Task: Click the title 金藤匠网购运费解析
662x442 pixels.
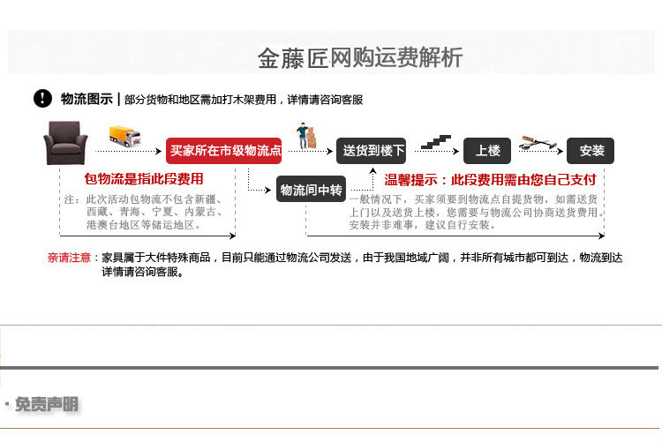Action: point(360,57)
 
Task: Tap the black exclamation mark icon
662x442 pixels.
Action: point(42,98)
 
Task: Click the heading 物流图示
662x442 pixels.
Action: point(87,99)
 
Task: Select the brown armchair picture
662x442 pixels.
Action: point(65,143)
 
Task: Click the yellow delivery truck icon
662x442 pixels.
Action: point(125,136)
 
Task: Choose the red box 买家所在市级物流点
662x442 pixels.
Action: point(224,150)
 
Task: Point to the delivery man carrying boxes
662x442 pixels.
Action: point(306,136)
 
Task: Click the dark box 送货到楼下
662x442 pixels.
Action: point(371,151)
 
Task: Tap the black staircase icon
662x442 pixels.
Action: point(436,142)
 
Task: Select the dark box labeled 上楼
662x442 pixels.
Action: point(487,151)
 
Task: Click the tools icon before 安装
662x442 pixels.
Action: point(538,143)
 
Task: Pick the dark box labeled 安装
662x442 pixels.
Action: point(591,151)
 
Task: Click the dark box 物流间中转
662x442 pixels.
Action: point(312,190)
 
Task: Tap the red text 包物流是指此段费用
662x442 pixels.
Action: point(144,179)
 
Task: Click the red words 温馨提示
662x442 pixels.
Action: point(410,180)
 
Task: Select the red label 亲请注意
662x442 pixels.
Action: point(69,258)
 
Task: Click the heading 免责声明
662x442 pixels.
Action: point(47,404)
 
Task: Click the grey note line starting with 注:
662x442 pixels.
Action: point(144,199)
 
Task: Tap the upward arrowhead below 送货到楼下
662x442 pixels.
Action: point(372,170)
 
